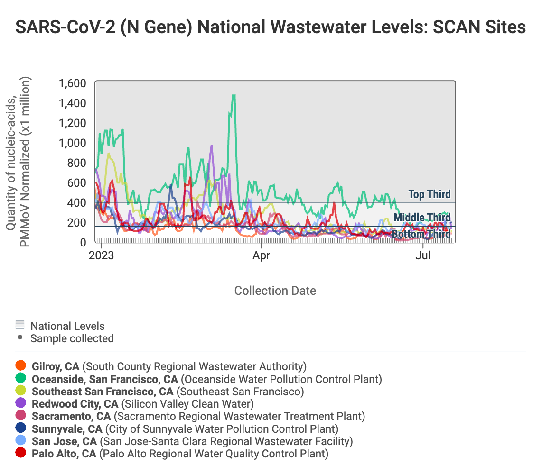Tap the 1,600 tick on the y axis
point(72,84)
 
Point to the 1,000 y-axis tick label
point(72,143)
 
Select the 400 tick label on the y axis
point(77,203)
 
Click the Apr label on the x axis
point(261,256)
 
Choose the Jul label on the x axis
point(423,256)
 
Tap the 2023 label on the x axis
point(102,256)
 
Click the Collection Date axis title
point(275,291)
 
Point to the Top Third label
point(430,194)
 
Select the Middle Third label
point(422,218)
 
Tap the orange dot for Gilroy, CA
point(20,366)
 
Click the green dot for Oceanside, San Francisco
point(20,379)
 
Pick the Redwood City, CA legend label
point(75,404)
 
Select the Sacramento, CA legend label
point(71,416)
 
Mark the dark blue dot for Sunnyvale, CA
point(20,429)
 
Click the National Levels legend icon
point(20,325)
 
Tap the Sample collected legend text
point(72,338)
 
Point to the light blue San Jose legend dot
point(20,441)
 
